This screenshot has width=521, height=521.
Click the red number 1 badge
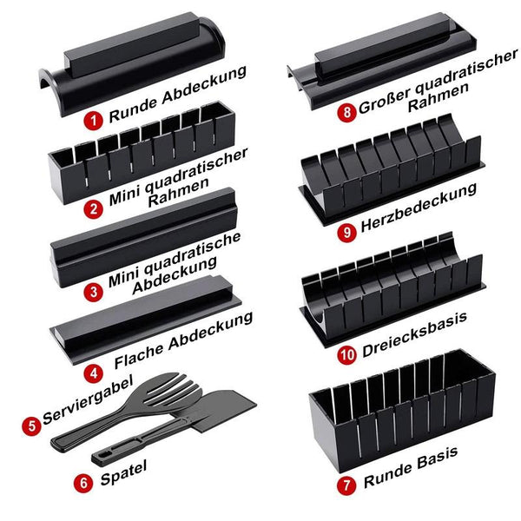(94, 120)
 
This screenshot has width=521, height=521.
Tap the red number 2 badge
(94, 209)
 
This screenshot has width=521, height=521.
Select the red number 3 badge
(94, 292)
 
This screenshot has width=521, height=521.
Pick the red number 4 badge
(94, 373)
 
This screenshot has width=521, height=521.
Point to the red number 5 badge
(32, 426)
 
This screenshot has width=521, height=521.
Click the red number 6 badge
(83, 483)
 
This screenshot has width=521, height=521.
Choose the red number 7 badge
(346, 485)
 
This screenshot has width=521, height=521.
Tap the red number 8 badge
(346, 112)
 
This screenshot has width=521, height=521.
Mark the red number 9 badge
(346, 232)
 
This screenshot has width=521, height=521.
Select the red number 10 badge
(346, 355)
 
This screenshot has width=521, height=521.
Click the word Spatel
(123, 473)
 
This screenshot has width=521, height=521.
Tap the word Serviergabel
(88, 399)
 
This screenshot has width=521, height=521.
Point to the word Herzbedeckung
(419, 208)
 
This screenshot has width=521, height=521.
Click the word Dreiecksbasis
(415, 335)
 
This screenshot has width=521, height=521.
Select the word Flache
(139, 355)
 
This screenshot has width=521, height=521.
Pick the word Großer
(385, 100)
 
